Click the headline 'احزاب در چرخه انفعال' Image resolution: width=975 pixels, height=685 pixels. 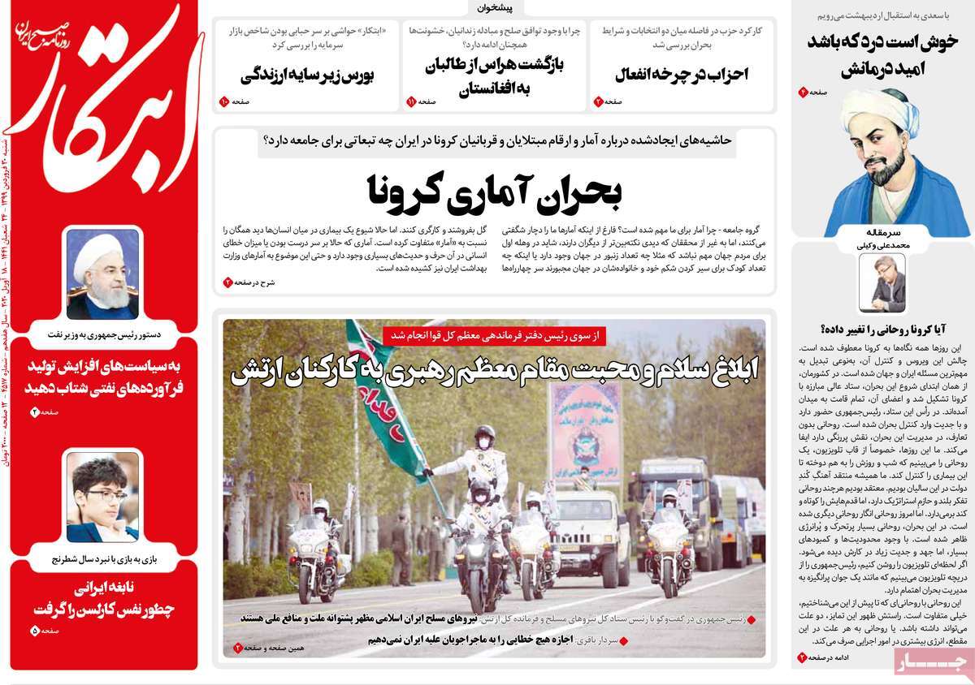point(680,75)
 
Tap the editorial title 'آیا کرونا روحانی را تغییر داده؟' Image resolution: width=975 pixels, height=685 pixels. point(881,329)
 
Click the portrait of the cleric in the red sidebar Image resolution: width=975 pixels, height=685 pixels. point(103,274)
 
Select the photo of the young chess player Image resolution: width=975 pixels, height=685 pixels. point(103,496)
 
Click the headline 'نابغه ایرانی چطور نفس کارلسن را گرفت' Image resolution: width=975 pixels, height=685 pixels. point(103,599)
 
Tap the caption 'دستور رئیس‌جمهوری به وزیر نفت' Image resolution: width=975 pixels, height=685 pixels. point(103,334)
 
